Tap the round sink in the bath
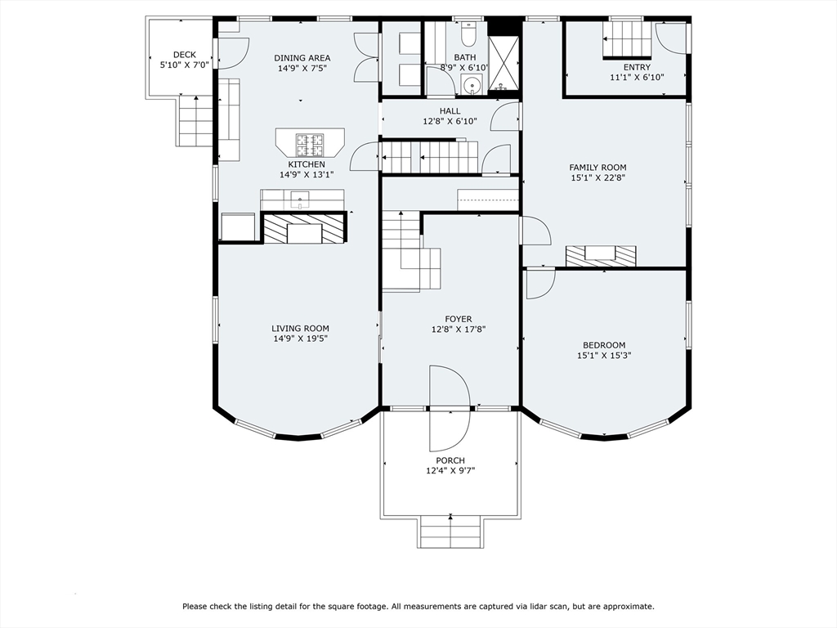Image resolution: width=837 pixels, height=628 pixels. click(x=471, y=85)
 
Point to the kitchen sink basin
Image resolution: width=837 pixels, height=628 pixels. click(x=300, y=200)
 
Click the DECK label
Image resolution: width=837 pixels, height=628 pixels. click(x=185, y=55)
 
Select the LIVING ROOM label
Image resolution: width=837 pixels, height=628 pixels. click(x=301, y=329)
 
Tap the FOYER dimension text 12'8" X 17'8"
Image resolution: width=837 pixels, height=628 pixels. click(x=459, y=330)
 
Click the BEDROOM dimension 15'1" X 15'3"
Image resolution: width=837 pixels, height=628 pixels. click(x=604, y=355)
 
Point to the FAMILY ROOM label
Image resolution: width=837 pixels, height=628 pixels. click(x=598, y=167)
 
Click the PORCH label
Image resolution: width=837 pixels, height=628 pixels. click(x=450, y=460)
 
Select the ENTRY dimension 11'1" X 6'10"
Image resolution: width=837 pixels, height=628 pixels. click(x=638, y=78)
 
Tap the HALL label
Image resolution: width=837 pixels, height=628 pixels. click(x=450, y=111)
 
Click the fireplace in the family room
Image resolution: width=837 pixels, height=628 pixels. click(x=601, y=256)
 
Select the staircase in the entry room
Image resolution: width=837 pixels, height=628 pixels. click(x=627, y=39)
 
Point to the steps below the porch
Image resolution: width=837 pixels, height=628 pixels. click(x=450, y=532)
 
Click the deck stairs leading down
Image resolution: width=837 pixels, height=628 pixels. click(x=196, y=122)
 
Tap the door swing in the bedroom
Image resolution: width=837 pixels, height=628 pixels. click(x=540, y=284)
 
